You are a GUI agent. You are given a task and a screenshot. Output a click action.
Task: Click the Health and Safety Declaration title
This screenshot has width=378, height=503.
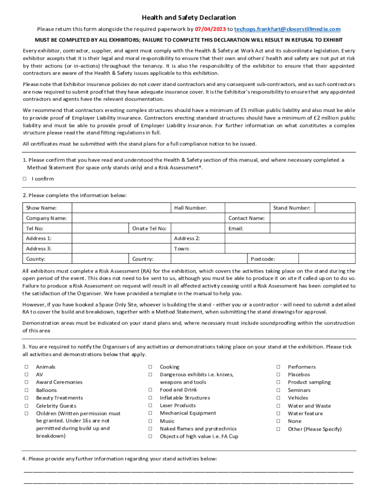(x=189, y=18)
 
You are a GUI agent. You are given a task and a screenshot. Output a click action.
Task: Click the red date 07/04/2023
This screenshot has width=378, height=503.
(x=211, y=29)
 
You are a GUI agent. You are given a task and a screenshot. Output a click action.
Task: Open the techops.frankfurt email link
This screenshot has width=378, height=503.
(x=287, y=29)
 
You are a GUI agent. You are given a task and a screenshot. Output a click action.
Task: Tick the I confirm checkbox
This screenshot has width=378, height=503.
(x=25, y=179)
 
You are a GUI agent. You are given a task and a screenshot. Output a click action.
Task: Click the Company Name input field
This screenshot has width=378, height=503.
(x=147, y=218)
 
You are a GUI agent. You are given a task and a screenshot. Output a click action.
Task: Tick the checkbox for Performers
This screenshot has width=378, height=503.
(x=277, y=367)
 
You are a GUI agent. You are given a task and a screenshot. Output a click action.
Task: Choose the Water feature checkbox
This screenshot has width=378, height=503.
(x=277, y=414)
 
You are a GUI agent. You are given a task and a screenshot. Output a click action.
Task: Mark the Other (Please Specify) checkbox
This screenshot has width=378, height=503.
(x=277, y=429)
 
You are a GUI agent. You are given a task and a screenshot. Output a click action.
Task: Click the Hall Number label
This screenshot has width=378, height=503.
(x=190, y=208)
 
